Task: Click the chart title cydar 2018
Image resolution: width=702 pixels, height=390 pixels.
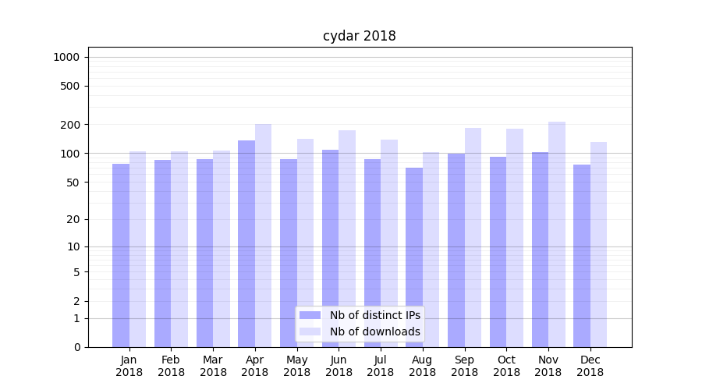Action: pos(360,36)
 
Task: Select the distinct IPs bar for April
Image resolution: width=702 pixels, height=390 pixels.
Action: pos(246,243)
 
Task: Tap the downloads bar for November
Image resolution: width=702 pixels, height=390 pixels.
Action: pos(557,234)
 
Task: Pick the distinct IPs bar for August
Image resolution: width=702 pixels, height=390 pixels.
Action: pos(414,257)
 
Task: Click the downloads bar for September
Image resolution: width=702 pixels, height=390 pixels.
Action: pos(473,237)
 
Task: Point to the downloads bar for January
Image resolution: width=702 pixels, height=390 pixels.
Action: pos(137,249)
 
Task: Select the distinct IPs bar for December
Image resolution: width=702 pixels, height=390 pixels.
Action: pos(582,256)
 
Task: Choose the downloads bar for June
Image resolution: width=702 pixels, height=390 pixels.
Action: pos(347,239)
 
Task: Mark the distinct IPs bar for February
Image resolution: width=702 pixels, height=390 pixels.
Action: pos(162,253)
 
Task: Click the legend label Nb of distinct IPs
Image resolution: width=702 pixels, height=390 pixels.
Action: pos(375,315)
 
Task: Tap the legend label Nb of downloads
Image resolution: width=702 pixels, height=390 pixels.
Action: pos(375,331)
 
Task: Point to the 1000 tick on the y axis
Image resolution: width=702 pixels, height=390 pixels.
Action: pos(66,57)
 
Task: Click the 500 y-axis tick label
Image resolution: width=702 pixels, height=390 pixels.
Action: pos(70,86)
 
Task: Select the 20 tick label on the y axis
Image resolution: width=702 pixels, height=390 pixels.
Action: pos(73,219)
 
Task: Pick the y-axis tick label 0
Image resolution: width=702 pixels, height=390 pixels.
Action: pos(76,347)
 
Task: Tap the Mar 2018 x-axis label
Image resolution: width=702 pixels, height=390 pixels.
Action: pos(213,366)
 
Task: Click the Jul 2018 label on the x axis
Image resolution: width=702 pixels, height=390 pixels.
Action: pos(381,366)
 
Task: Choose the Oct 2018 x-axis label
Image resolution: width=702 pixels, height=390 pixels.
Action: pos(506,366)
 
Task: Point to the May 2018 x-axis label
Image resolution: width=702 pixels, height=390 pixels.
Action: pos(296,366)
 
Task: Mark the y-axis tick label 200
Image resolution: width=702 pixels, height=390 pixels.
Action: pos(70,125)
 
